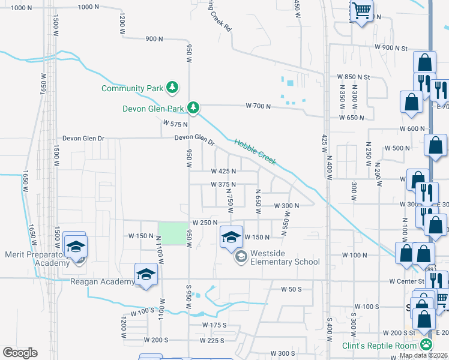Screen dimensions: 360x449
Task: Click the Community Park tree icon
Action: click(x=172, y=88)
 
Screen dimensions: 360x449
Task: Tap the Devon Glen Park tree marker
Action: click(x=193, y=108)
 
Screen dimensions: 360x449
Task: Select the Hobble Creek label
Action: click(x=255, y=152)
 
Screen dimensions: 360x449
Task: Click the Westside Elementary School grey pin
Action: click(x=241, y=257)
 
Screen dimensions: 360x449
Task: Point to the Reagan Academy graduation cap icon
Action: click(x=145, y=275)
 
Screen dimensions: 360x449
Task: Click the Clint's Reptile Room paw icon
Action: click(x=426, y=344)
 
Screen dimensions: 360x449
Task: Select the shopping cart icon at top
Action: click(x=362, y=10)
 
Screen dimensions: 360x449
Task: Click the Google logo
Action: click(x=20, y=353)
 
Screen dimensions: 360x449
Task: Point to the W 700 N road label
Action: click(x=258, y=106)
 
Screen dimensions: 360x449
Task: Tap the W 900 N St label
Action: click(x=391, y=47)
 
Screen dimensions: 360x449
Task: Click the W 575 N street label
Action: click(x=175, y=123)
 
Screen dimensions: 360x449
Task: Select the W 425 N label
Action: click(x=223, y=171)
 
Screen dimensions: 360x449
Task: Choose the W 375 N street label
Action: click(x=223, y=185)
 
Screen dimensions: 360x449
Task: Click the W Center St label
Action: click(x=406, y=281)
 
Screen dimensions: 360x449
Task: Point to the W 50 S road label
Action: click(x=291, y=289)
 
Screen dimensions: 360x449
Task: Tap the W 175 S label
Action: click(x=214, y=325)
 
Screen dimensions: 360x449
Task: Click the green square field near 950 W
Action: click(x=172, y=233)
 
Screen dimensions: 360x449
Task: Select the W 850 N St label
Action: click(x=354, y=77)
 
